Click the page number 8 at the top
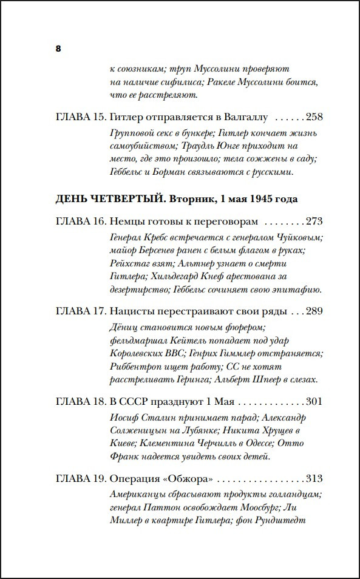tap(58, 49)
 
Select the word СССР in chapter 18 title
tap(134, 402)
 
